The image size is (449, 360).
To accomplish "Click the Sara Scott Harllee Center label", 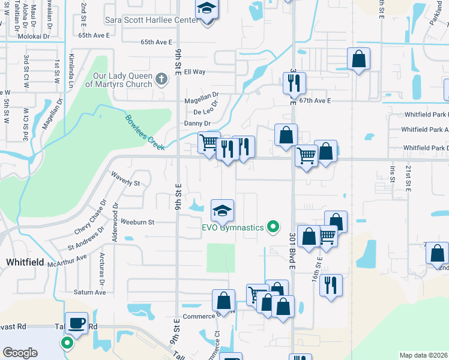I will coord(151,20).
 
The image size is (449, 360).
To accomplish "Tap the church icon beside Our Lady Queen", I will coord(160,79).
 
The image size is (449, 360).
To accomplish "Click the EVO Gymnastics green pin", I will coord(273,227).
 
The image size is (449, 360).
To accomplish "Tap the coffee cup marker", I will coord(76,324).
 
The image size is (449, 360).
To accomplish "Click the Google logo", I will coord(20,352).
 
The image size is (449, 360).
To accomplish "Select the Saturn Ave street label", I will coord(90,292).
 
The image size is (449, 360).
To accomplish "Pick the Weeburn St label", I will coord(138,222).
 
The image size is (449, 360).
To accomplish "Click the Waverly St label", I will coord(125,179).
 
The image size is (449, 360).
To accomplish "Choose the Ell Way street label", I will coord(194,72).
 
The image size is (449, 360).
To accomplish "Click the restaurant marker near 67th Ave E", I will coord(294,84).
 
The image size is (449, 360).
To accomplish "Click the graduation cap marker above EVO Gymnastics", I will coord(222,211).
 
